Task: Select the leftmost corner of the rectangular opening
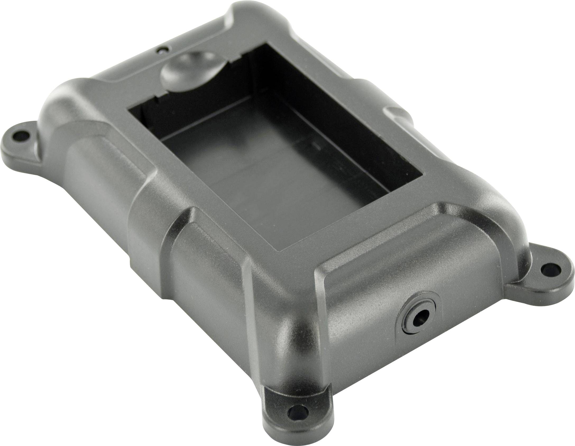129,108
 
